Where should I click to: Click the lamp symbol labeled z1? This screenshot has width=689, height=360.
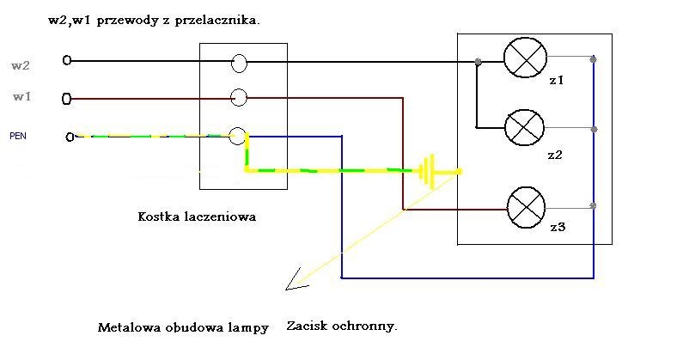[x=525, y=58]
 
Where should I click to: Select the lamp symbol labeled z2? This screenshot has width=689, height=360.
[x=525, y=127]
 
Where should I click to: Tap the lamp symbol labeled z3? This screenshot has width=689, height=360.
[x=526, y=207]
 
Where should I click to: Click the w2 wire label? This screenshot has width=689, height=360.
[x=21, y=66]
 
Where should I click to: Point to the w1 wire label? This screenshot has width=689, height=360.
[x=22, y=96]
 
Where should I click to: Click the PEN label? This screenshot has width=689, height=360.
[x=18, y=136]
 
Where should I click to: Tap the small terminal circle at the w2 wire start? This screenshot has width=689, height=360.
[x=67, y=60]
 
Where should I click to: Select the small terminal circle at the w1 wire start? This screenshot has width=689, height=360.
[x=66, y=99]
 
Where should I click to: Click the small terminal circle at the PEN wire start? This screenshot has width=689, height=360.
[x=70, y=137]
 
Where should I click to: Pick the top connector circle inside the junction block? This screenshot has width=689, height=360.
[x=239, y=63]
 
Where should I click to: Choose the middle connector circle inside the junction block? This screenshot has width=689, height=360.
[x=239, y=97]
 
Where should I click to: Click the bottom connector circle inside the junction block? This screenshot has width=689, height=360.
[x=238, y=137]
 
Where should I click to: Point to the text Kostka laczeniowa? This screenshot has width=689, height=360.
[x=197, y=217]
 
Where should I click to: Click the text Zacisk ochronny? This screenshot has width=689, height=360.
[x=342, y=326]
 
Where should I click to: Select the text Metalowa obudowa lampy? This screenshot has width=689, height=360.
[x=183, y=328]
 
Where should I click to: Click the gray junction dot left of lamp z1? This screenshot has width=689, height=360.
[x=478, y=62]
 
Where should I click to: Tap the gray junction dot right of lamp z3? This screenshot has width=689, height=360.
[x=593, y=205]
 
